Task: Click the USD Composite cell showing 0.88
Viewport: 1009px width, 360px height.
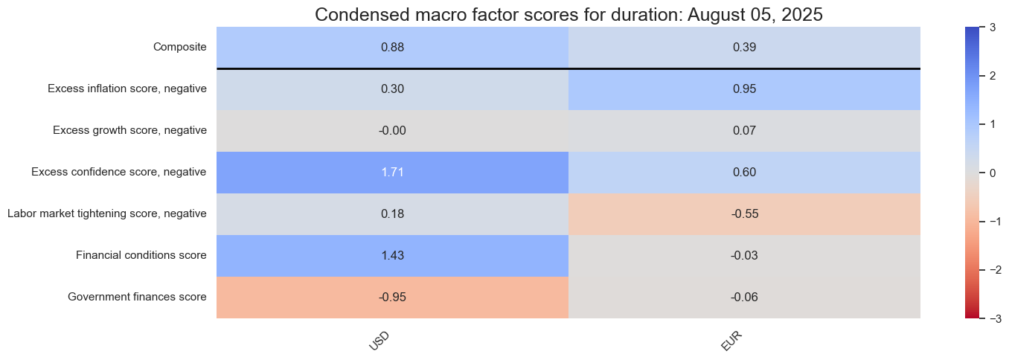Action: coord(392,48)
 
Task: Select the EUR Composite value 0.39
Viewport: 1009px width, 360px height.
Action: coord(744,48)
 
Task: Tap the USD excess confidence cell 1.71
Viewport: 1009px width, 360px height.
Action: coord(392,173)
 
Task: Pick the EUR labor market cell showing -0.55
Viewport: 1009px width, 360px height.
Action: coord(744,213)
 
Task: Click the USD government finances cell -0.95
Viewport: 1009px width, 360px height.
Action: coord(392,297)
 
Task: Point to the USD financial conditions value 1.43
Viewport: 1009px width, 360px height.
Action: coord(392,256)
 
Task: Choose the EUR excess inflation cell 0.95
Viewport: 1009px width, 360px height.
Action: coord(744,89)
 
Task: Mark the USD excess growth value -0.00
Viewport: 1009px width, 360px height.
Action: coord(392,130)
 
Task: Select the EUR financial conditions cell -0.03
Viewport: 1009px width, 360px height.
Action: coord(744,256)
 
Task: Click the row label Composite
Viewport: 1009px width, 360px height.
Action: coord(180,47)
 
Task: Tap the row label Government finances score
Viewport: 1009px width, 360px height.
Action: coord(138,297)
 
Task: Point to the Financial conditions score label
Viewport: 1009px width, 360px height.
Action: coord(141,255)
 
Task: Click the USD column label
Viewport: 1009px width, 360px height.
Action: coord(379,341)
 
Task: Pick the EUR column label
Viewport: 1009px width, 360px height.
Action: coord(731,341)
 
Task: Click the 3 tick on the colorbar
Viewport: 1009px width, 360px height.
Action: coord(993,28)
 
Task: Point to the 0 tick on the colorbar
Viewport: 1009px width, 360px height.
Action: coord(993,173)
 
